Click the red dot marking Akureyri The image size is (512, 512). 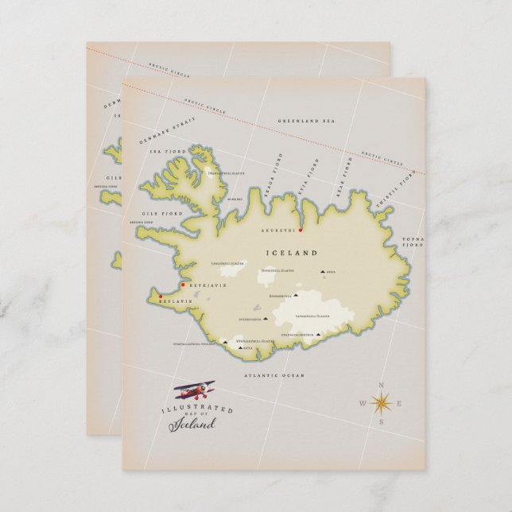point(301,230)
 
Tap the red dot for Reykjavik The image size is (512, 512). point(183,284)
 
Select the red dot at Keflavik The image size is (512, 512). point(160,297)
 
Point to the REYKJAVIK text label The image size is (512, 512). point(208,285)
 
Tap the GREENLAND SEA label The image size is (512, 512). point(305,120)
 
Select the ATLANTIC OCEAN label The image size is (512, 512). point(274,374)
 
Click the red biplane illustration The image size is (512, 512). point(195,391)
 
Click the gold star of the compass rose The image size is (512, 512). point(381,403)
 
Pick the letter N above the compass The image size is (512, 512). point(381,386)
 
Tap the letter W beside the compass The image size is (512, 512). point(363,404)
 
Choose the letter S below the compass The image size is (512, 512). point(381,422)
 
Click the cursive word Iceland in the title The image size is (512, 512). point(192,424)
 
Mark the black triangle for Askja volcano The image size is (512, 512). point(323,272)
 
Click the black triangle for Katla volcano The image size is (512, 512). point(235,347)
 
